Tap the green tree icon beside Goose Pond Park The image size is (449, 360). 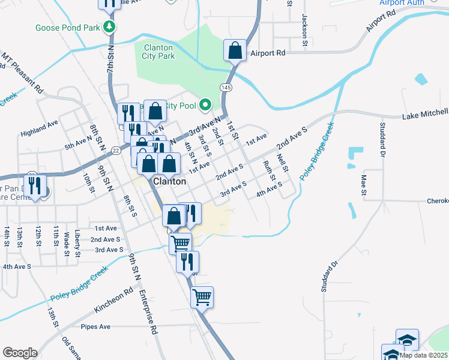(109, 26)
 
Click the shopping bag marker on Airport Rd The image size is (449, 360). (235, 51)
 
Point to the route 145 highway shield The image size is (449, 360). (226, 87)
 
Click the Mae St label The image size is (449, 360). (363, 185)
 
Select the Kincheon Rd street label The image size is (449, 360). (113, 302)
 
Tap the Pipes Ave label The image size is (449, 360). (96, 327)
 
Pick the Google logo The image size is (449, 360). (20, 353)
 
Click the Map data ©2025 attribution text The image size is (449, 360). (423, 355)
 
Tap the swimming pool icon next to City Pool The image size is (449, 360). (205, 105)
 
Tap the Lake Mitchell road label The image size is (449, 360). (424, 113)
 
